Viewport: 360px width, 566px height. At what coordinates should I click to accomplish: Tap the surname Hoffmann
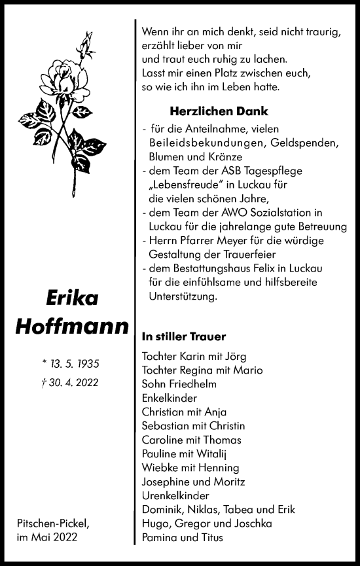tap(72, 325)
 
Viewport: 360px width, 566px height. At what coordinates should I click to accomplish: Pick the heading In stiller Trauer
tap(183, 337)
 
